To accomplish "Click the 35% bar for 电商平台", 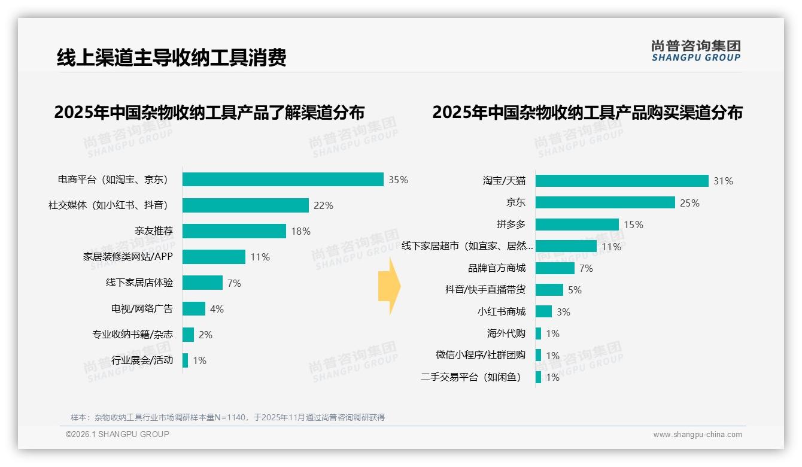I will (x=282, y=180).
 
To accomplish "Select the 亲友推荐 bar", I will (x=234, y=231).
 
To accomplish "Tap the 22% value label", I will (x=323, y=205).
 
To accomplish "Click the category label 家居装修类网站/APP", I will (x=127, y=257).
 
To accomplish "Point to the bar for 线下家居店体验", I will (x=202, y=283).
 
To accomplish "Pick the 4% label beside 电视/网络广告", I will (x=217, y=309).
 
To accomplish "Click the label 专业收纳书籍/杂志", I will (x=132, y=334).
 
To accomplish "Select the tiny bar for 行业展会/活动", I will (x=186, y=360).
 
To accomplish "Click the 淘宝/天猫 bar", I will (x=622, y=181).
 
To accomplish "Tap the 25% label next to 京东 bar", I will (x=689, y=203).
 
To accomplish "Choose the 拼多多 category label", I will (x=511, y=225).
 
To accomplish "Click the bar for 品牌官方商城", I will (x=555, y=268).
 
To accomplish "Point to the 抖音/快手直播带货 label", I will (x=485, y=290).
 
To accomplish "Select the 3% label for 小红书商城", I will (x=563, y=312).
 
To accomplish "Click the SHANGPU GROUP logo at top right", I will (x=695, y=51).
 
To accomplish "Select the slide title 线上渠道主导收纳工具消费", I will (x=172, y=57).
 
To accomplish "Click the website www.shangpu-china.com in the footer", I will (x=697, y=435).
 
